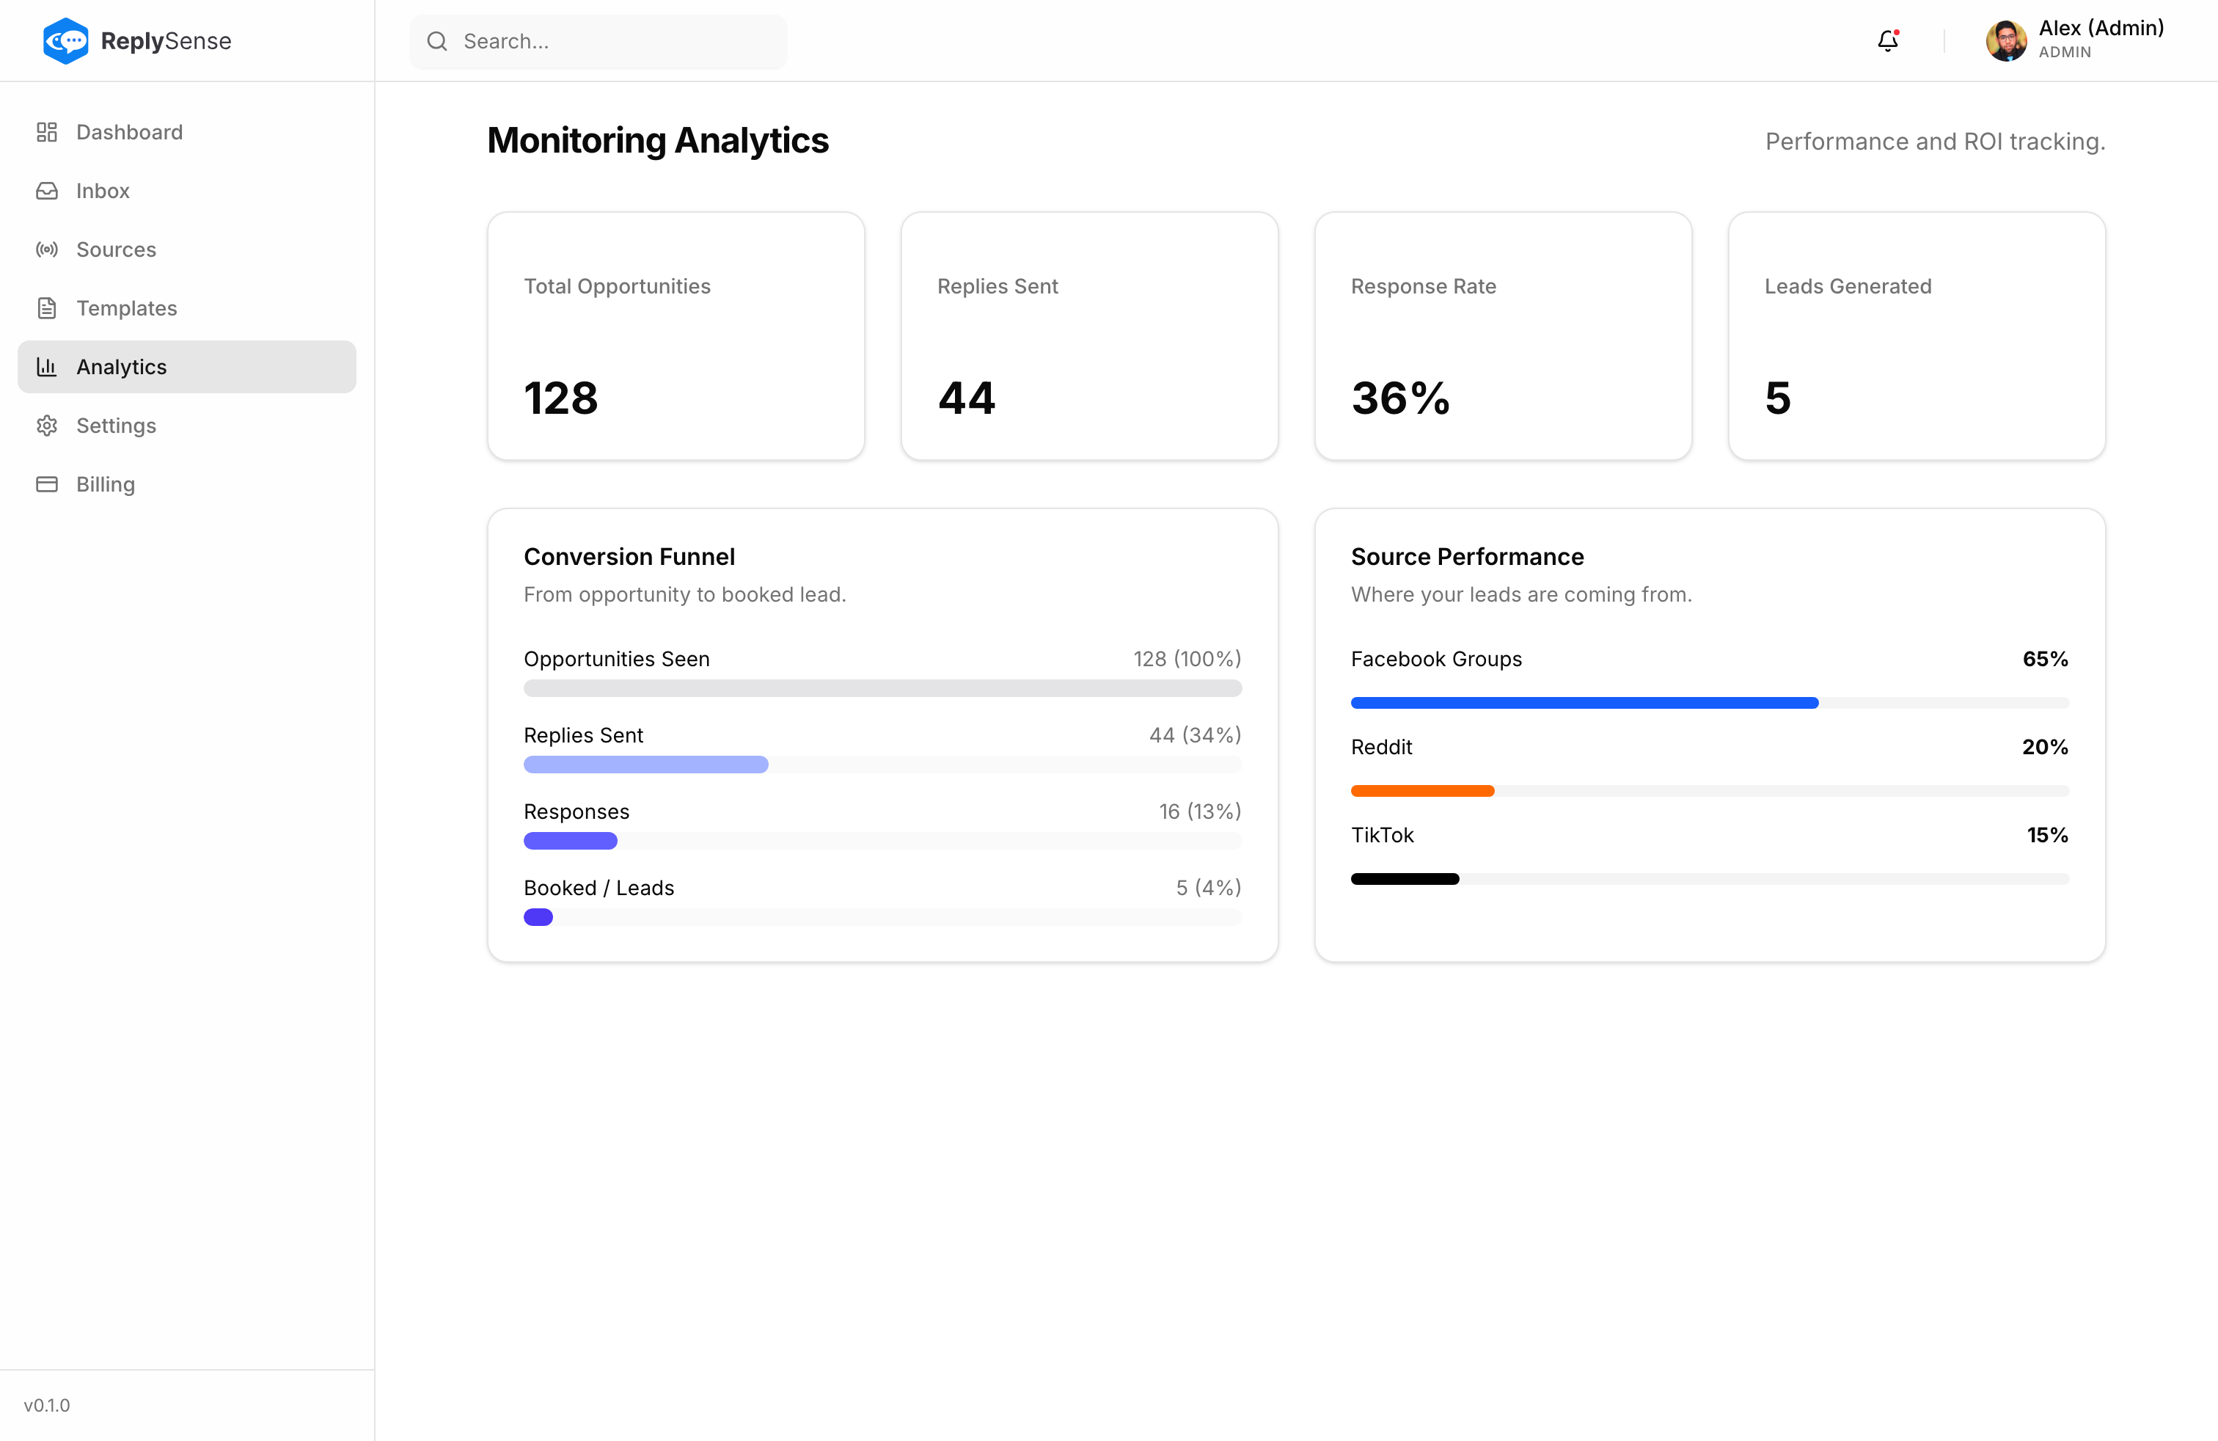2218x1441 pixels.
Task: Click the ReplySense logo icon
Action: tap(65, 41)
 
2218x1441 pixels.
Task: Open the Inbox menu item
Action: tap(103, 191)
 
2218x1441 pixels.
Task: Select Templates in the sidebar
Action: tap(126, 308)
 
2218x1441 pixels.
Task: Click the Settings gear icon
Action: tap(47, 426)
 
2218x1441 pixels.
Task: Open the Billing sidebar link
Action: tap(106, 485)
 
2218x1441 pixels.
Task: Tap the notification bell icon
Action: tap(1887, 41)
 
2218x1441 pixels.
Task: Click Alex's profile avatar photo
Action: tap(2005, 41)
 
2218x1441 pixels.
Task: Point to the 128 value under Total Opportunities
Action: tap(560, 398)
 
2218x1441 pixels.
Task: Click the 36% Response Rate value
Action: tap(1399, 398)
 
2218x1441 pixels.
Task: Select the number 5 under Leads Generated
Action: tap(1777, 398)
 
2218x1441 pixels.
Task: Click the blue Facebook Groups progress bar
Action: tap(1584, 703)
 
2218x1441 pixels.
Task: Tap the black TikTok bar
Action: tap(1405, 879)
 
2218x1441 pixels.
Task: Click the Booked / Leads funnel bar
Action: tap(538, 917)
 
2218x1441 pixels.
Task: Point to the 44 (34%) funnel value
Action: tap(1195, 735)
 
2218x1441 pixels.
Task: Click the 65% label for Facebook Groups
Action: tap(2045, 659)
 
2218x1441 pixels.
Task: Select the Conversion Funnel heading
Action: tap(629, 556)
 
